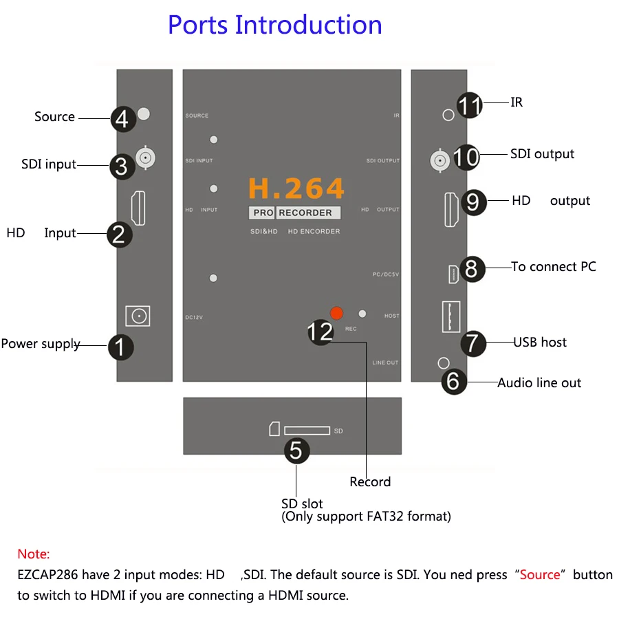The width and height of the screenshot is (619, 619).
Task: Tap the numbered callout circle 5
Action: pos(296,450)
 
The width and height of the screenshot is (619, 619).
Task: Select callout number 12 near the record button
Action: pos(321,332)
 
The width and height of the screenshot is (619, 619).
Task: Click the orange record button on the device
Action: pos(336,313)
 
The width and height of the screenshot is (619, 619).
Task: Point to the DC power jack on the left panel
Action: pos(138,316)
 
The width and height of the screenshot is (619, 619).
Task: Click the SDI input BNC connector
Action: pos(145,158)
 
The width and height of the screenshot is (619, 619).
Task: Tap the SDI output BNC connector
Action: pos(440,160)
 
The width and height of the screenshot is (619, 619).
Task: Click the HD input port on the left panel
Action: pos(138,207)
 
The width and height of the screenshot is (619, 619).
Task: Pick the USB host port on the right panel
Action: pos(450,317)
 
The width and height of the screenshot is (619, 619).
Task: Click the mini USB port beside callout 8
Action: pos(453,274)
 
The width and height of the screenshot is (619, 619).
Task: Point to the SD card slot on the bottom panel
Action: pos(307,431)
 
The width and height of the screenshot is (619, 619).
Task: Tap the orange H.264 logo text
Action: pos(296,188)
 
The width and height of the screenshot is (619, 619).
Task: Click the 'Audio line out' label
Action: pos(539,383)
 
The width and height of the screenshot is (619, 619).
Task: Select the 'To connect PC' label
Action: pos(554,267)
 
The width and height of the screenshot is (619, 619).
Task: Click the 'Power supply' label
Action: pos(41,344)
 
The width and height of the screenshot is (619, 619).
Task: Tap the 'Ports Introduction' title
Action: pos(275,25)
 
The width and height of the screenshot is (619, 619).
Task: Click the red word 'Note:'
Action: pos(34,554)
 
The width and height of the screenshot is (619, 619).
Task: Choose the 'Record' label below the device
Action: pos(370,482)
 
